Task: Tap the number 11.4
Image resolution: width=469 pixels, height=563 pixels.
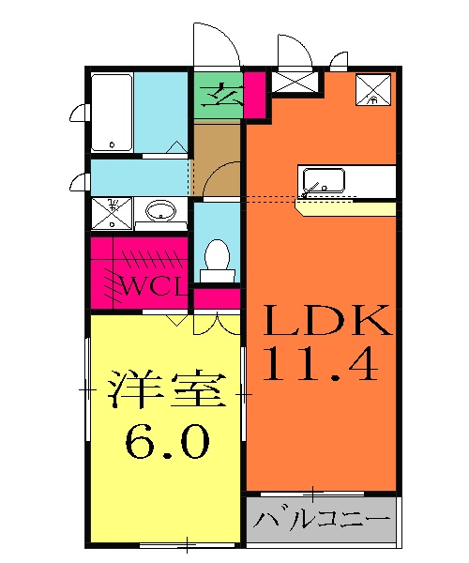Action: click(x=322, y=364)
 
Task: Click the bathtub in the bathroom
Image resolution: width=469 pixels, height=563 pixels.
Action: click(x=112, y=113)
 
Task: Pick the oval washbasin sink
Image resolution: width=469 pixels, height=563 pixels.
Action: click(x=162, y=211)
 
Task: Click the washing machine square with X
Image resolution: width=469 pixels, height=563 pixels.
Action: click(x=112, y=212)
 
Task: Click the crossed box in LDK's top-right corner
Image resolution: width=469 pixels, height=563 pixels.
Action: click(x=375, y=89)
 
